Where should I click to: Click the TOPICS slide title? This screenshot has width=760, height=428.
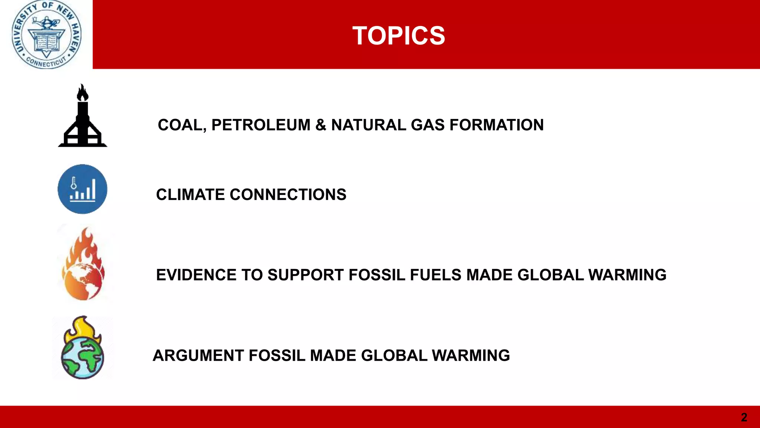tap(399, 36)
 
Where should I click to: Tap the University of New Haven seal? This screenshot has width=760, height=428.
tap(46, 35)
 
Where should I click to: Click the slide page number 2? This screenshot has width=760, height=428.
tap(744, 417)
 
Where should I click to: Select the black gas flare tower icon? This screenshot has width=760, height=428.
tap(82, 119)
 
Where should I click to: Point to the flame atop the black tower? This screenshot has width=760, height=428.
tap(82, 93)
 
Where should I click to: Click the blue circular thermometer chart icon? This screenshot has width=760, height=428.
tap(82, 189)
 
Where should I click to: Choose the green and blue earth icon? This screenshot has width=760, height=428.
tap(82, 349)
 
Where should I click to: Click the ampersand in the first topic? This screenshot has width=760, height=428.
tap(321, 125)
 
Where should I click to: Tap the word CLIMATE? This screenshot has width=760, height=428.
tap(190, 195)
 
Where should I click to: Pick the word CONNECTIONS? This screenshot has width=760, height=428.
tap(288, 195)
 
